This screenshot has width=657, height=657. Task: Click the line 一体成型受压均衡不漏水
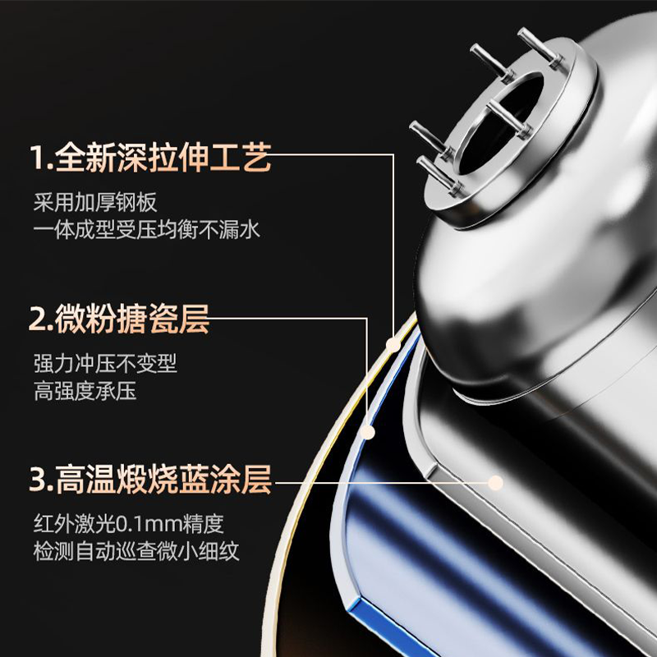click(146, 230)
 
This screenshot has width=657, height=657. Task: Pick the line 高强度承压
click(85, 391)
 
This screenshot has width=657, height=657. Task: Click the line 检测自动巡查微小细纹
click(136, 550)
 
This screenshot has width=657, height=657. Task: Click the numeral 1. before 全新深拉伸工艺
click(40, 158)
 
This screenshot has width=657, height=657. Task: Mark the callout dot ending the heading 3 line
click(495, 480)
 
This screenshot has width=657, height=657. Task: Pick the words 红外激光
click(69, 522)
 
